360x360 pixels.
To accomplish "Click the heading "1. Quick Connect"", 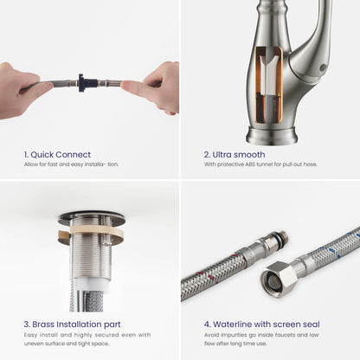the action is [x=57, y=155].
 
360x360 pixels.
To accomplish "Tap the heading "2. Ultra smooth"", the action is [x=235, y=155].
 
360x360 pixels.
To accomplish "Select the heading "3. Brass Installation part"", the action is [x=73, y=325].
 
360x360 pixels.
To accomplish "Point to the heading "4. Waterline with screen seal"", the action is [x=262, y=325].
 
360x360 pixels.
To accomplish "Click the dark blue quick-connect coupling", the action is [x=82, y=83].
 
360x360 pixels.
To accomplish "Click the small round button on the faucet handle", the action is [x=322, y=67].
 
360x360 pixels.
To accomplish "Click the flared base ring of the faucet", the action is [x=272, y=136].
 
